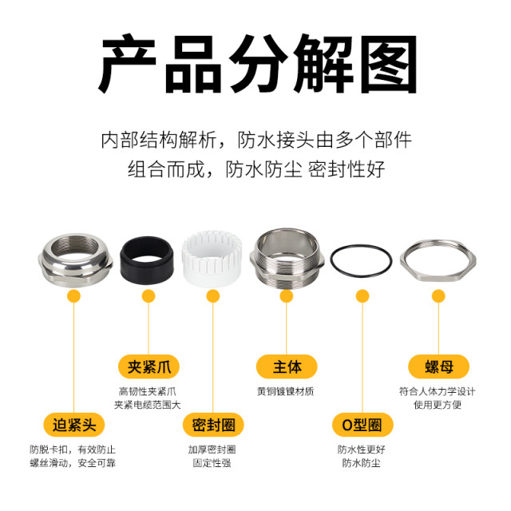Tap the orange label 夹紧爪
click(149, 366)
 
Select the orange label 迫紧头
click(73, 424)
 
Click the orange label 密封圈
click(212, 424)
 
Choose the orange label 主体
click(286, 366)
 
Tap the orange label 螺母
click(438, 366)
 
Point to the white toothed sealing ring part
click(212, 257)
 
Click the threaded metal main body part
click(286, 257)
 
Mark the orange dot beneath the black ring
click(149, 296)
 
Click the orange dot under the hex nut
click(438, 296)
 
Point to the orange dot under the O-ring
click(362, 296)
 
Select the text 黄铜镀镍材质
click(286, 391)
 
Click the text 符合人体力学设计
click(438, 391)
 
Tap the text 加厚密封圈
click(212, 449)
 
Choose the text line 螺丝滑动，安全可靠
click(73, 463)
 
